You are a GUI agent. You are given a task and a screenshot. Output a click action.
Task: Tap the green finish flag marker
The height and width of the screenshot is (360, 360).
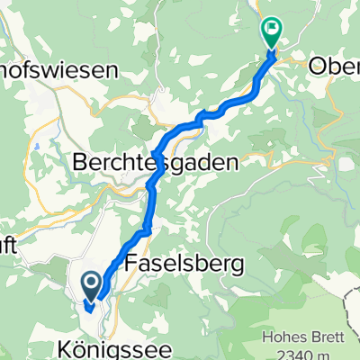272,31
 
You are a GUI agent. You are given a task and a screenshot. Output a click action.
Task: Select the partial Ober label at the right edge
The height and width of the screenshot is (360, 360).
334,65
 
